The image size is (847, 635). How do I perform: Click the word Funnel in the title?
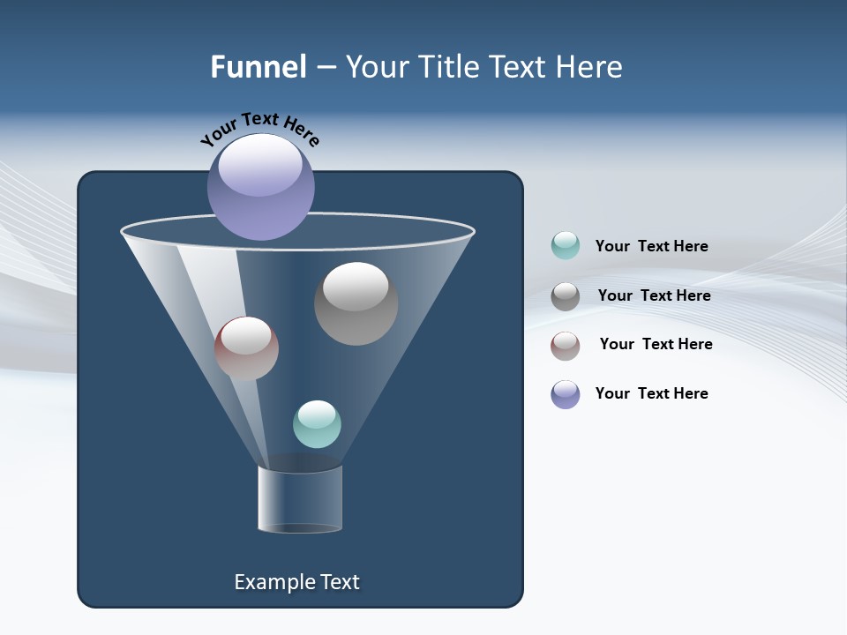tap(259, 67)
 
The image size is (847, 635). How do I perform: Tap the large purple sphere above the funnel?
tap(261, 187)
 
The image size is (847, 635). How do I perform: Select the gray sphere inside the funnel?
tap(356, 303)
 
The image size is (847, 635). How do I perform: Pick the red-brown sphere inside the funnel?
tap(246, 348)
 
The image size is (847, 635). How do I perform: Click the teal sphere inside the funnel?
tap(317, 424)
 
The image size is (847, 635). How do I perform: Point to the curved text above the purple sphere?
tap(259, 129)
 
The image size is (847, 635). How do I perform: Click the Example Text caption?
tap(297, 582)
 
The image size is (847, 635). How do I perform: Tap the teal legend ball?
tap(566, 245)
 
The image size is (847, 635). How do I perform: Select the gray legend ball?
tap(566, 296)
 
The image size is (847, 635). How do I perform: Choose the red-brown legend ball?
tap(566, 346)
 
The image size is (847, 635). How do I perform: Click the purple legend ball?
tap(566, 394)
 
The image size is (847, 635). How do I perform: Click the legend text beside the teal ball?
tap(651, 246)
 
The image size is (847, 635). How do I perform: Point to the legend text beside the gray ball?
tap(654, 295)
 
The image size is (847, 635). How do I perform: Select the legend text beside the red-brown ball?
tap(656, 344)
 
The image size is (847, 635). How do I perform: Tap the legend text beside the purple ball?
tap(651, 393)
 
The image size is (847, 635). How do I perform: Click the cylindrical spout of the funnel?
tap(300, 499)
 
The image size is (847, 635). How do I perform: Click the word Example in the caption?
tap(272, 582)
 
